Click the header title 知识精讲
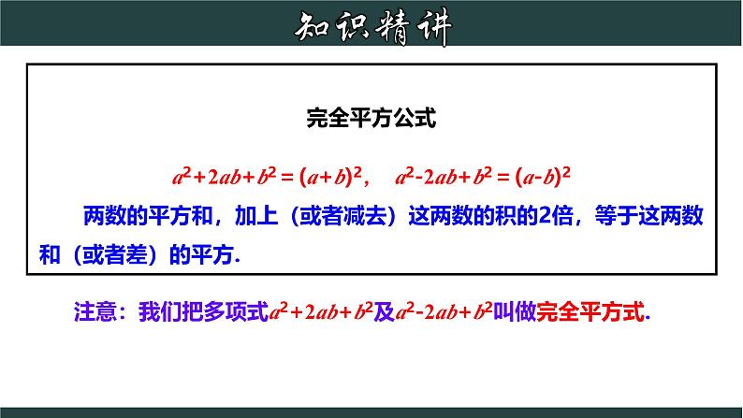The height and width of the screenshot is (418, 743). pos(373,27)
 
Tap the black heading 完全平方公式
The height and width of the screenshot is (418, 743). pos(371,118)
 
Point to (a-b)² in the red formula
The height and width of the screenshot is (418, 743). pos(543,177)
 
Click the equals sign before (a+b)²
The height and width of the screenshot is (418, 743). pos(287,178)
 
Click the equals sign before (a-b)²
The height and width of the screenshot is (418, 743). pos(503,178)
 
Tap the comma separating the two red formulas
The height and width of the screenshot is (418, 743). pos(367,183)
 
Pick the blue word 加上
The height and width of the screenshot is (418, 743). pos(256,216)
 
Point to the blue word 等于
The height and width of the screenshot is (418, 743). pos(616,216)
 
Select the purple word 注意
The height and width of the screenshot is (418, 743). pos(95,312)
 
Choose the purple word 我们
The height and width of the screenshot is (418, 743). pos(160,312)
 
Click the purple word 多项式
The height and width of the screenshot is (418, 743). pos(236,312)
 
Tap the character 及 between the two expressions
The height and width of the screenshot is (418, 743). pos(385,312)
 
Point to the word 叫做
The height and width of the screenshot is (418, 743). pos(515,312)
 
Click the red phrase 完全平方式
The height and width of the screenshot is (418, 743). pos(590,312)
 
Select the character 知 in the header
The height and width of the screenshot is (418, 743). pos(313,27)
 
